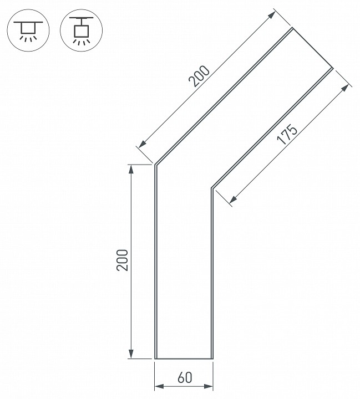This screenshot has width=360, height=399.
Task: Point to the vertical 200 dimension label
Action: pyautogui.click(x=123, y=260)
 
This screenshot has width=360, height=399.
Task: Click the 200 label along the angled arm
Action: pyautogui.click(x=200, y=77)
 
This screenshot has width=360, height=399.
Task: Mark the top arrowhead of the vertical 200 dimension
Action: pyautogui.click(x=131, y=170)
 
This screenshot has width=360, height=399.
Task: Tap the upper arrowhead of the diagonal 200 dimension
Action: pyautogui.click(x=272, y=14)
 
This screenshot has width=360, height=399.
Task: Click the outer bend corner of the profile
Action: pyautogui.click(x=155, y=165)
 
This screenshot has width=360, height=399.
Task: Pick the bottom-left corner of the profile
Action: pyautogui.click(x=155, y=359)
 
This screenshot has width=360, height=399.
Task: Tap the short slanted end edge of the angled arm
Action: pyautogui.click(x=312, y=48)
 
